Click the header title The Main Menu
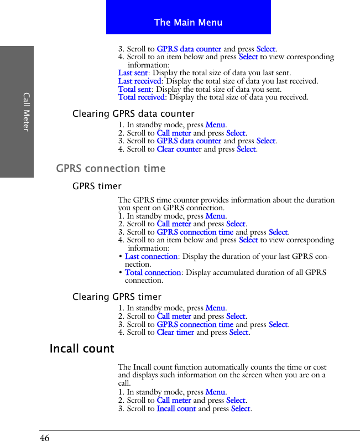click(188, 23)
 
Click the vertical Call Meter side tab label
click(26, 112)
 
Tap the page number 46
click(44, 438)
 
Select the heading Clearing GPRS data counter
click(133, 114)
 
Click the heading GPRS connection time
click(111, 168)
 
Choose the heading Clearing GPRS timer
click(117, 297)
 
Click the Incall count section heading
click(82, 349)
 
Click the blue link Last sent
click(133, 73)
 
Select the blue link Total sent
click(134, 89)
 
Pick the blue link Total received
click(142, 97)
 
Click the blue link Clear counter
click(179, 149)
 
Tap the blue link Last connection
click(151, 257)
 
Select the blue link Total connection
click(153, 273)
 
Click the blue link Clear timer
click(175, 333)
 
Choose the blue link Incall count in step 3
click(176, 409)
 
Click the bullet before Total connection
click(121, 273)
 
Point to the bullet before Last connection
click(121, 257)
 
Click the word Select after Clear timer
click(239, 333)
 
